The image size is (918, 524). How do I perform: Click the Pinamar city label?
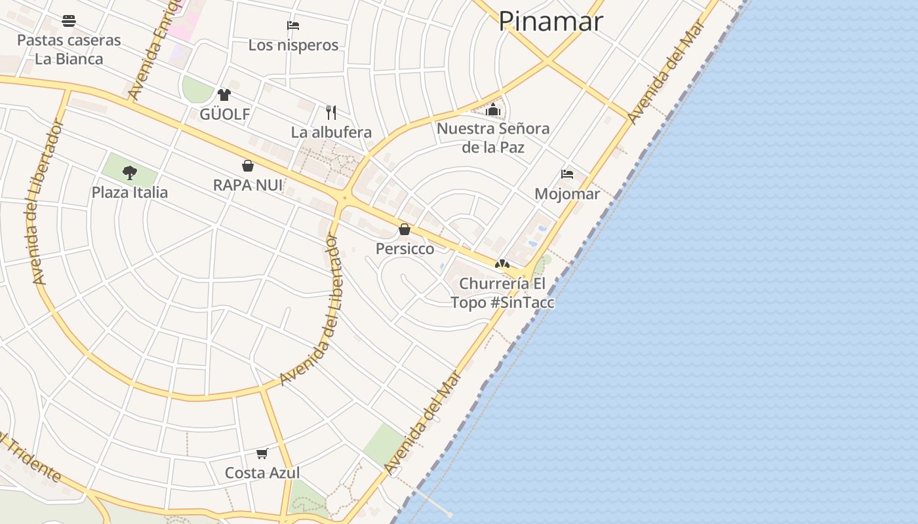point(550,21)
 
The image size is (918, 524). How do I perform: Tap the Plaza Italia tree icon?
point(130,173)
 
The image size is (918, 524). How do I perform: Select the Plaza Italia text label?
point(130,193)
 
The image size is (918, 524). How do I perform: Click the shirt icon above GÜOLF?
point(224,95)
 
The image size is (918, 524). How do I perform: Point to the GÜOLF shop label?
point(225,115)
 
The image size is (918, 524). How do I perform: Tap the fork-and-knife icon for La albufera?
point(331,113)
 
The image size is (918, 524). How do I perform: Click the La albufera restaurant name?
point(331,132)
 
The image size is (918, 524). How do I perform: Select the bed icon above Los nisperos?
point(293,26)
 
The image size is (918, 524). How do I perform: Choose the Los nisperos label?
point(293,45)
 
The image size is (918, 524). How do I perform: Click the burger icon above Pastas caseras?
point(69,21)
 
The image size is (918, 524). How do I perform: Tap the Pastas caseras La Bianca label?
point(69,49)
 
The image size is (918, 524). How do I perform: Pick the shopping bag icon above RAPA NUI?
point(248,166)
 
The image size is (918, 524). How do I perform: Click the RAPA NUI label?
point(248,185)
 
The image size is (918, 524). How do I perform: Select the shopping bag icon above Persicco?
point(405,229)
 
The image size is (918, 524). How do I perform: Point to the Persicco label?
point(405,249)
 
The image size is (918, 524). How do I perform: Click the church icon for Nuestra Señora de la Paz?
point(493,109)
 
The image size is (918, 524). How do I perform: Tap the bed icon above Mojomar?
point(567,174)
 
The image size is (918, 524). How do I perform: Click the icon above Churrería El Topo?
point(502,264)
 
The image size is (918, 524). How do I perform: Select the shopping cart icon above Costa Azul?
point(262,453)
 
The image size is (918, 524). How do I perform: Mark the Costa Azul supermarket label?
point(262,473)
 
